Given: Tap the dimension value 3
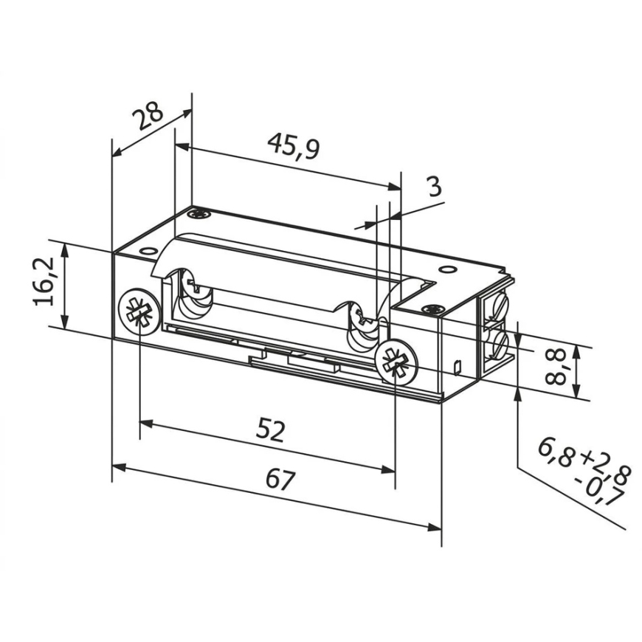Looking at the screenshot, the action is click(x=435, y=186).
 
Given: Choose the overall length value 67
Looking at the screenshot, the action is click(x=280, y=479).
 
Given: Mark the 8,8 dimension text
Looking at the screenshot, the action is click(x=556, y=367).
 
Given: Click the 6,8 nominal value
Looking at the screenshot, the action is click(x=558, y=452).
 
